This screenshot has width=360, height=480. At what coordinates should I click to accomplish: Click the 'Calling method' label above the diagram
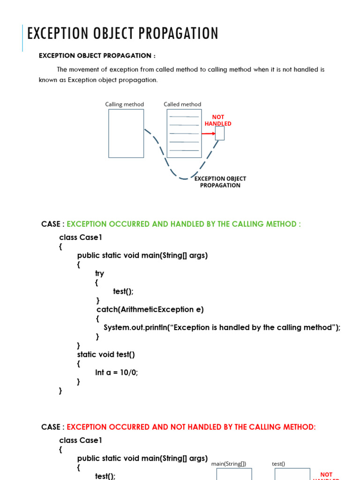[124, 105]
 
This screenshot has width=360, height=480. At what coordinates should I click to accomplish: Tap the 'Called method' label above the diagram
[182, 105]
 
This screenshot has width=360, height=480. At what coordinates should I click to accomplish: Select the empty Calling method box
[126, 133]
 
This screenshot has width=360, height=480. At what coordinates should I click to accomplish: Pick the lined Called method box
[184, 133]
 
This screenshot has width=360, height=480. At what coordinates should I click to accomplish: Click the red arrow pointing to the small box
[208, 134]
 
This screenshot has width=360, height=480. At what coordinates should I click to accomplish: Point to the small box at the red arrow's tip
[219, 133]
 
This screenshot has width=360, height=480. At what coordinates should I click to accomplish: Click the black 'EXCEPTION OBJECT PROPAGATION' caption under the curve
[220, 182]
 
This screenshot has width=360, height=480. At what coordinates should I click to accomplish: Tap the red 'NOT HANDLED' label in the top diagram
[218, 120]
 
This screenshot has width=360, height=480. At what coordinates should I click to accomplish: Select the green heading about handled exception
[190, 224]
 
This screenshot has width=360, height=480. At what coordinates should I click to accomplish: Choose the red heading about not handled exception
[191, 427]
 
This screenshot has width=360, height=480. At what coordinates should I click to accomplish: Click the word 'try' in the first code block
[99, 273]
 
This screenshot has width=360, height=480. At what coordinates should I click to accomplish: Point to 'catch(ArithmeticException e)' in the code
[150, 309]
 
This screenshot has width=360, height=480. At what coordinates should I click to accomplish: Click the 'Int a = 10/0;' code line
[117, 372]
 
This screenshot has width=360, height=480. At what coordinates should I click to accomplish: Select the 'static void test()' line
[106, 354]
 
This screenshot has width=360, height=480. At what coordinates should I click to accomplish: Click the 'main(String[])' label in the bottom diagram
[228, 464]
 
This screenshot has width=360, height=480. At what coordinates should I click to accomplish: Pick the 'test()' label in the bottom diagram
[278, 464]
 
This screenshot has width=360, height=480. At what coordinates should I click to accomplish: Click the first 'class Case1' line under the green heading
[81, 237]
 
